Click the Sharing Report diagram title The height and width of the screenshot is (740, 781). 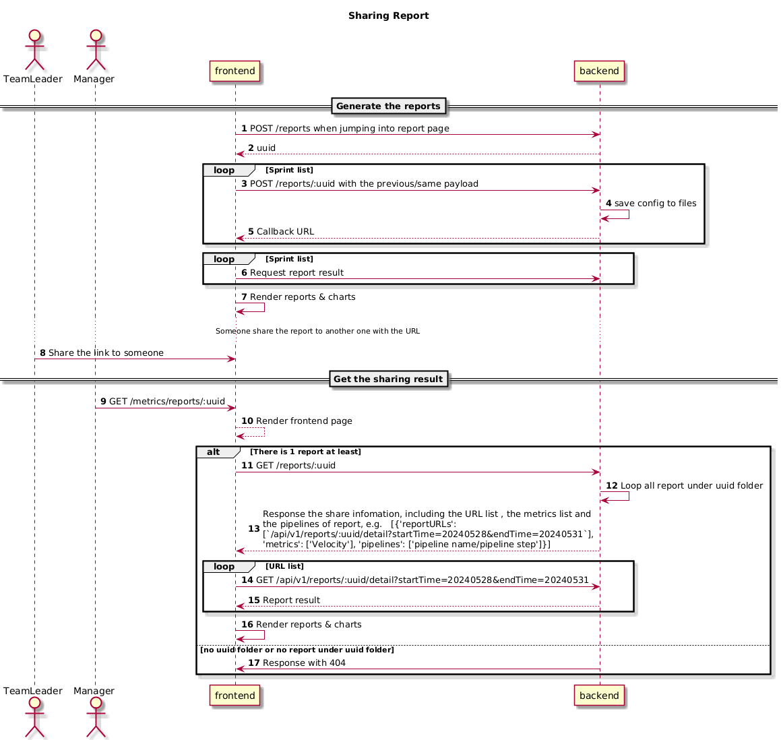(x=389, y=16)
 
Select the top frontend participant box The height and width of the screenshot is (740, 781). (x=235, y=71)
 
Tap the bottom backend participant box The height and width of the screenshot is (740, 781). (x=599, y=696)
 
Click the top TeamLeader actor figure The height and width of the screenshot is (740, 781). (x=34, y=50)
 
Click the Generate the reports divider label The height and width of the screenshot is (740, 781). (x=389, y=106)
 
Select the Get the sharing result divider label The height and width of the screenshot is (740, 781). (x=389, y=379)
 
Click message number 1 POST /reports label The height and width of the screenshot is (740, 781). (x=345, y=129)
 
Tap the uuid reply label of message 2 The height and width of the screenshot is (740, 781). (x=262, y=148)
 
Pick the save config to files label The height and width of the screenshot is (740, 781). (x=651, y=204)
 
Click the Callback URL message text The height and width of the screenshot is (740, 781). (x=281, y=232)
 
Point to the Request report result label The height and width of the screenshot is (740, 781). (x=292, y=272)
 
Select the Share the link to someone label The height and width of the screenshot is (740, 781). (x=102, y=352)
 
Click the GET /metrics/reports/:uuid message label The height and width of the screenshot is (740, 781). (x=162, y=401)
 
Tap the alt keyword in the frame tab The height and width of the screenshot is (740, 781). (x=213, y=452)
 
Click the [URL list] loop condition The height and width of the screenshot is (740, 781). (x=284, y=566)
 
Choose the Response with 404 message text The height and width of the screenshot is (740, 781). (x=297, y=662)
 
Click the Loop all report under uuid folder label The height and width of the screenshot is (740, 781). (x=685, y=485)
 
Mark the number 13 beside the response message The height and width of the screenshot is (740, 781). (x=254, y=528)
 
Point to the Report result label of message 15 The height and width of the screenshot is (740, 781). (x=284, y=600)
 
